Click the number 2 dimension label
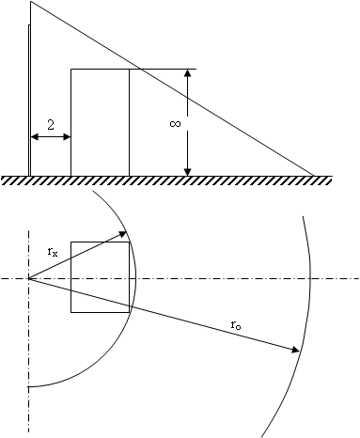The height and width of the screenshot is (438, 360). [x=51, y=125]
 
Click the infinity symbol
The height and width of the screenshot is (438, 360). [x=175, y=124]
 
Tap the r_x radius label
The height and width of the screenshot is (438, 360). [x=53, y=252]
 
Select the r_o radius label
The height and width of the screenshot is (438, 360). [x=236, y=325]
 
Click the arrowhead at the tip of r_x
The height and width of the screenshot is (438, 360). [x=122, y=234]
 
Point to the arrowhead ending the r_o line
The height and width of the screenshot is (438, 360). [x=296, y=350]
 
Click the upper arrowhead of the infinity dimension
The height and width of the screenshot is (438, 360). [x=187, y=72]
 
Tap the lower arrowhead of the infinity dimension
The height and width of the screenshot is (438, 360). [x=187, y=172]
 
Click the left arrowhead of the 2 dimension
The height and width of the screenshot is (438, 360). [x=35, y=137]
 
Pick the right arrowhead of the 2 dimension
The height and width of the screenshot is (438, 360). [x=67, y=137]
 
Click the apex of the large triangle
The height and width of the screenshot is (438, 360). [x=31, y=2]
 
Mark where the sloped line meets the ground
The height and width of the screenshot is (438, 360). [x=314, y=176]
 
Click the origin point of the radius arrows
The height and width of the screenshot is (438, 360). [x=29, y=278]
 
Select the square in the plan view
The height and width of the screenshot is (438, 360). [x=100, y=277]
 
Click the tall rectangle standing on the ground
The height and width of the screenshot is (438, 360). [x=100, y=122]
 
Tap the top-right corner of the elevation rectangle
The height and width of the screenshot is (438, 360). [x=129, y=69]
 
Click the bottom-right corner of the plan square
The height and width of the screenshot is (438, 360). [x=129, y=312]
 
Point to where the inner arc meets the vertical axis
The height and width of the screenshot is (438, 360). [x=29, y=387]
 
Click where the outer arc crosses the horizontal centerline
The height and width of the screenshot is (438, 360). [x=310, y=278]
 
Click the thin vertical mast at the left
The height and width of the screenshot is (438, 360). [x=29, y=101]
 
